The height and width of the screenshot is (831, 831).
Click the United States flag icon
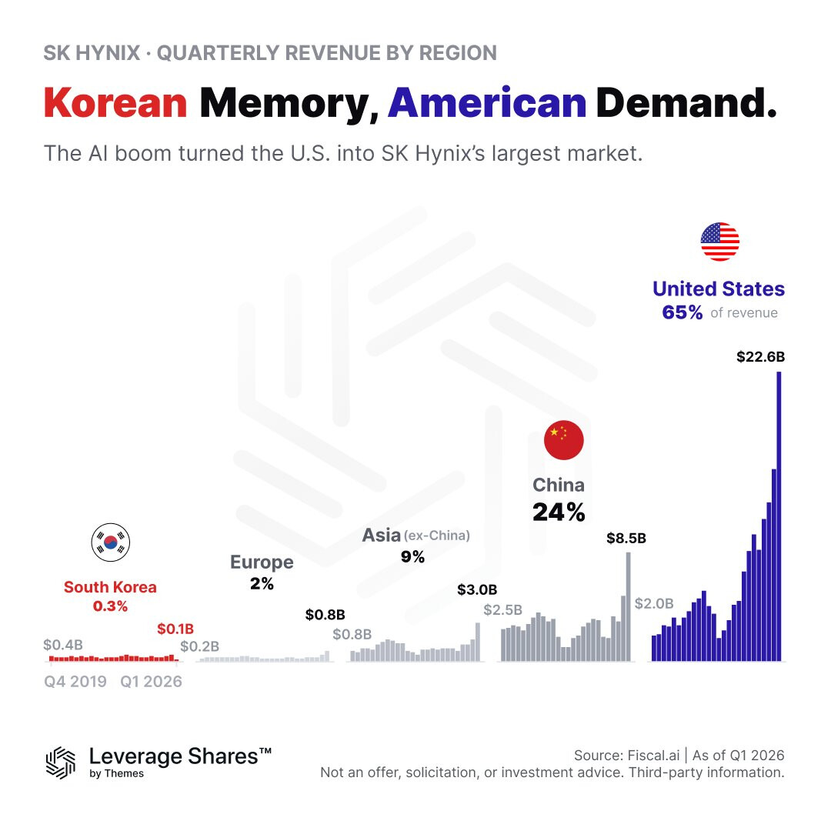pos(719,242)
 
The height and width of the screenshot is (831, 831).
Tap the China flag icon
pos(564,440)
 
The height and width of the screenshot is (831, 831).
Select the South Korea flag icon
pos(111,542)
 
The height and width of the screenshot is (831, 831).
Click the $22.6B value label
pos(760,357)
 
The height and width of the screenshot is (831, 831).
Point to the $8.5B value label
pos(626,539)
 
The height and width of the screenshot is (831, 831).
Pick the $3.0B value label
pos(477,590)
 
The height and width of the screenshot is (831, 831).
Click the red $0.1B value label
pos(175,629)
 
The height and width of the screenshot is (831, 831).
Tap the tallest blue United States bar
pos(779,516)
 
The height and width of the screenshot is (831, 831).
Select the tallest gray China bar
pos(629,607)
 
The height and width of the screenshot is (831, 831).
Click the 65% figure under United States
pos(682,312)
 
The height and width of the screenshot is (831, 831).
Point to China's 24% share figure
pos(559,512)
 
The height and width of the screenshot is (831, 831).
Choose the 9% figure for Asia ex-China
pos(413,557)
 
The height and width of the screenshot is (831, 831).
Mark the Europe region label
pos(262,562)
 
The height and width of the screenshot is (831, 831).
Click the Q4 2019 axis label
pos(75,682)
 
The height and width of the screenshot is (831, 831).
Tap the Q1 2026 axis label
pos(151,682)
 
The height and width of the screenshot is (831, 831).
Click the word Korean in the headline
pos(115,103)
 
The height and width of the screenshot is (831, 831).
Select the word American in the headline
pos(487,103)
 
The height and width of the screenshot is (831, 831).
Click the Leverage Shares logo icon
pos(61,763)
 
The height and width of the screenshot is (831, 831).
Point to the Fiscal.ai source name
pos(653,756)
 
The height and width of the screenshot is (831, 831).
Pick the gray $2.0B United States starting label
pos(654,604)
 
